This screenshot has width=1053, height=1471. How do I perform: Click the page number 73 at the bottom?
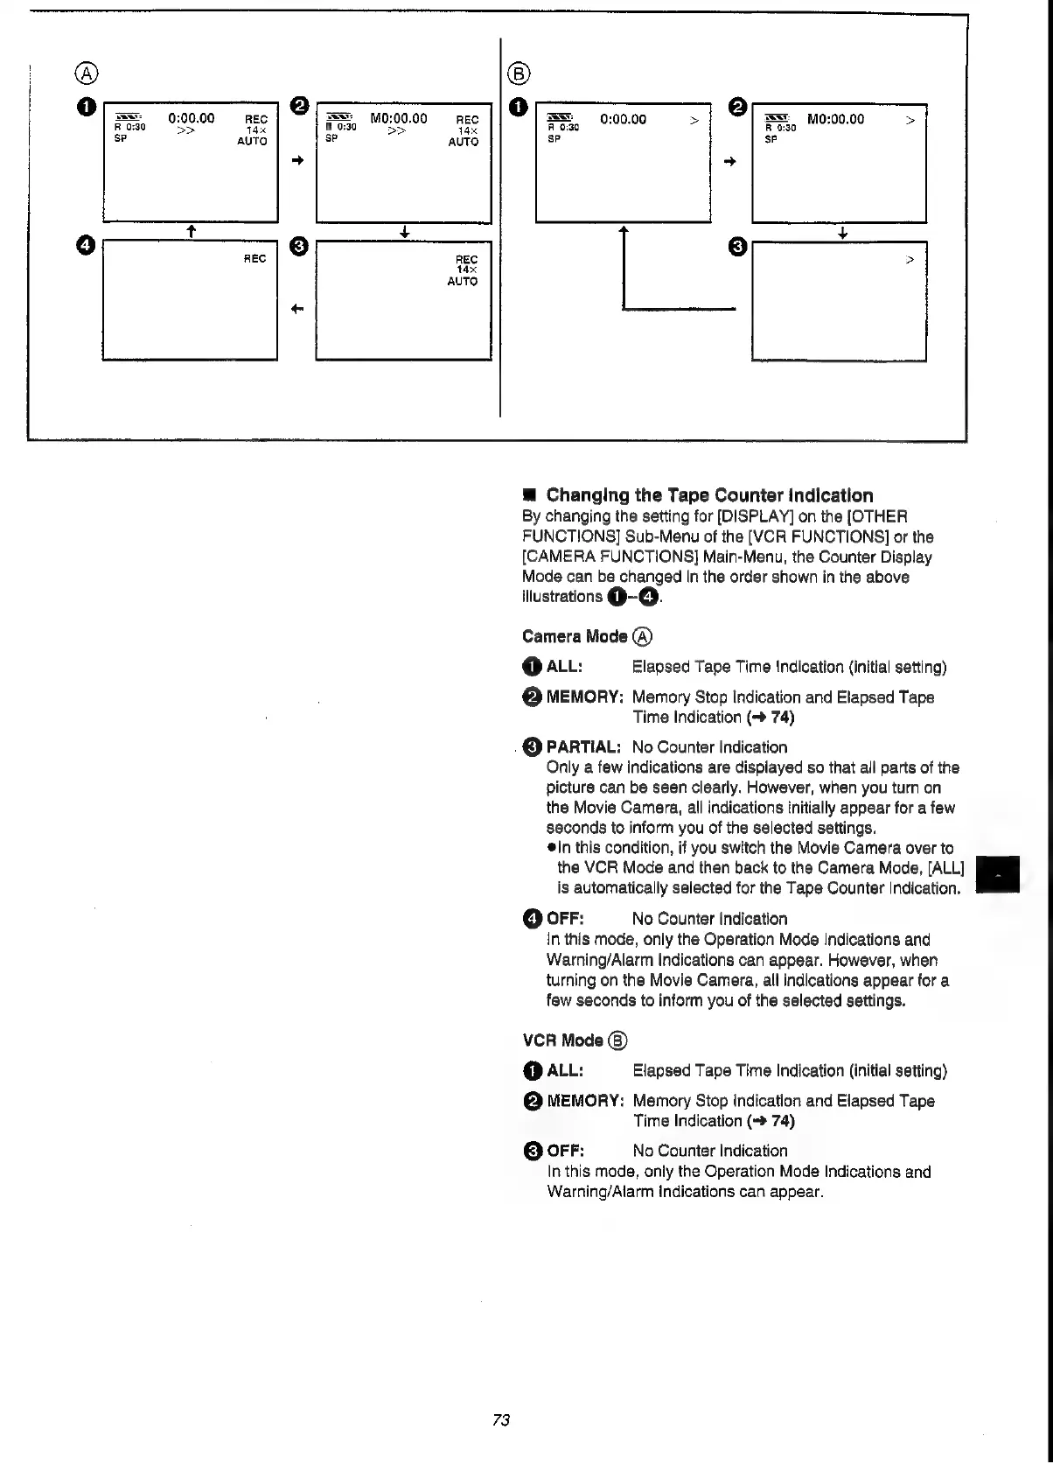point(501,1419)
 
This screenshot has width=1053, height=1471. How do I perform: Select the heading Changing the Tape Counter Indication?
point(709,495)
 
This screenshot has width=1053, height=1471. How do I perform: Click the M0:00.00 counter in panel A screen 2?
point(399,118)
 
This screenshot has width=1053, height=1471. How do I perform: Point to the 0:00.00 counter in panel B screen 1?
point(623,119)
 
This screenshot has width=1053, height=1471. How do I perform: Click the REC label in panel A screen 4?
point(255,259)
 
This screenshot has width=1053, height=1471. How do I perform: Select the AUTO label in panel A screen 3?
point(463,282)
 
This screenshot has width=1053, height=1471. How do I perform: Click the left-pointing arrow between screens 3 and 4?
point(297,309)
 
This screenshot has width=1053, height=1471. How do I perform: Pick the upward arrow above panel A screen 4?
point(190,231)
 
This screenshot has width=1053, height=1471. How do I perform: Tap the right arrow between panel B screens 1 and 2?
point(731,162)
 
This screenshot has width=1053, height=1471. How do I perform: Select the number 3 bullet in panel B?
point(737,247)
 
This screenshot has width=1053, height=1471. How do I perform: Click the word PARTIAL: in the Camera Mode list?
point(583,747)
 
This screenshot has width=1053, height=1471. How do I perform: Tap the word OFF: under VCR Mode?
point(566,1151)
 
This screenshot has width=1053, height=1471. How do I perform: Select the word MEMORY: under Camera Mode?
point(584,697)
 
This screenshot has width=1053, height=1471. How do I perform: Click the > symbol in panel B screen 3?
point(910,260)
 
